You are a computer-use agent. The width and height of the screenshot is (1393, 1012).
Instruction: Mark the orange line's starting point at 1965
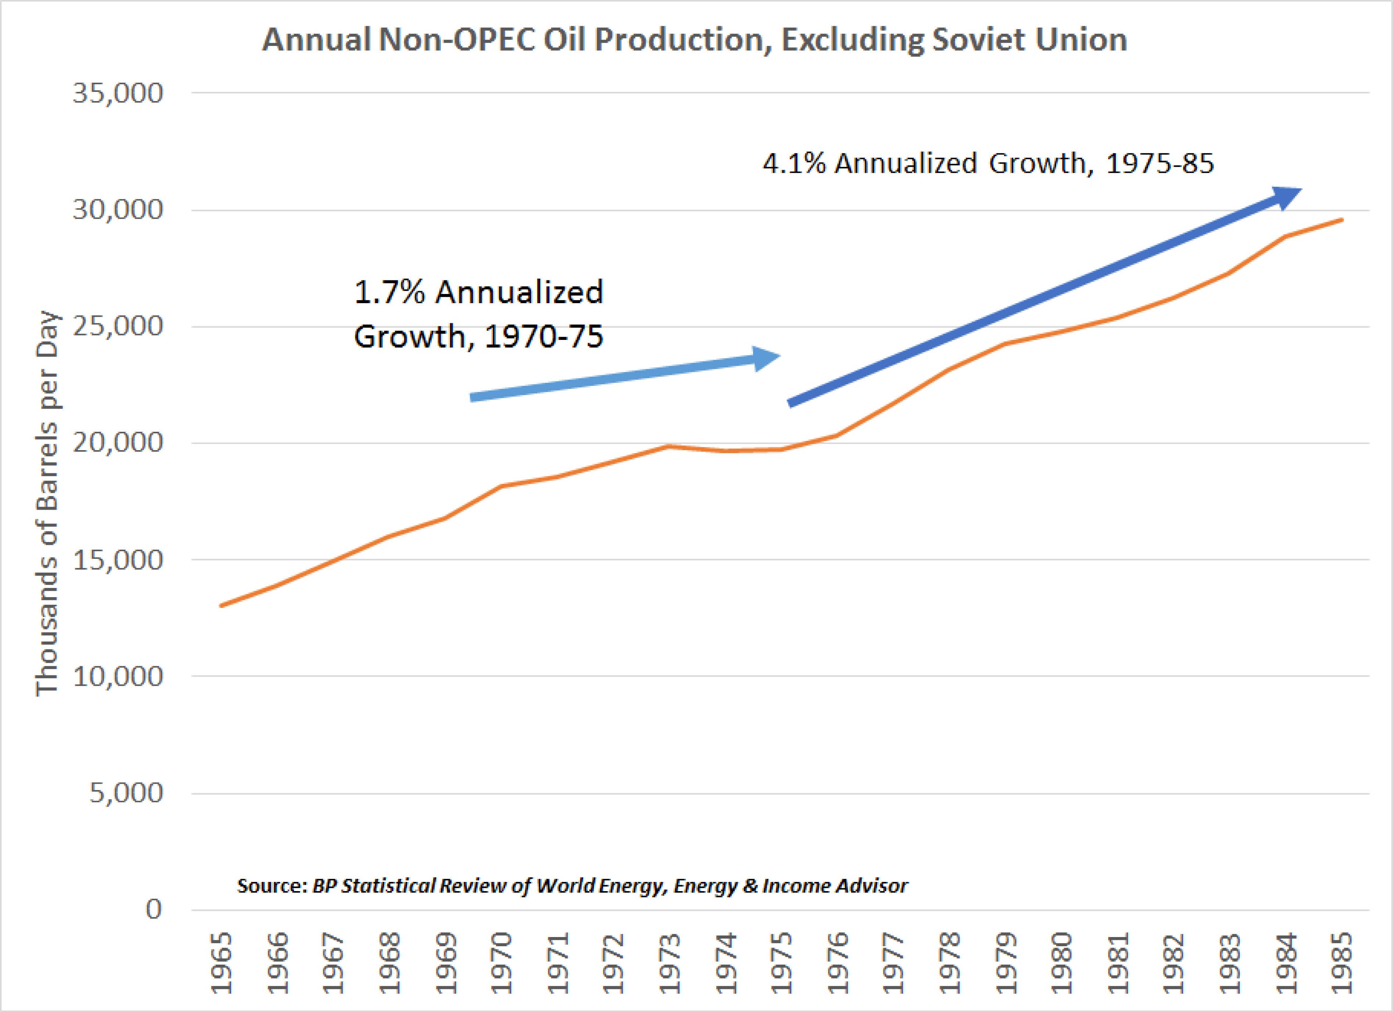[221, 606]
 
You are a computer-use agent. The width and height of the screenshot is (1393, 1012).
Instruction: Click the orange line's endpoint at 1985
[1343, 219]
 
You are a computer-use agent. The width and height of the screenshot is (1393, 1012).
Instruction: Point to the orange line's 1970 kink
[501, 486]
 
